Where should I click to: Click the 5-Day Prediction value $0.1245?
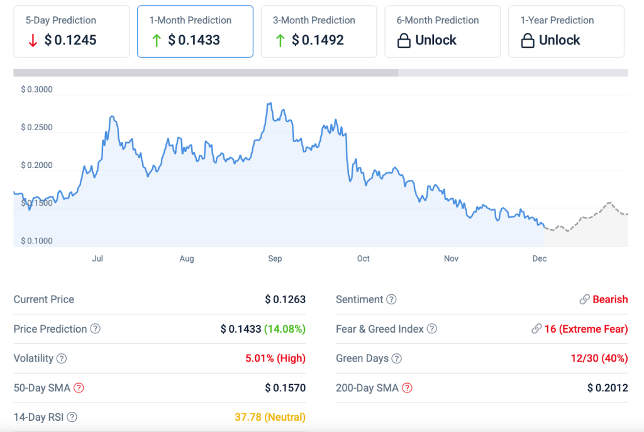pos(70,40)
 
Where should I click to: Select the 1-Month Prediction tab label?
pos(190,20)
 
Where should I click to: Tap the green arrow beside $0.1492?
pos(280,40)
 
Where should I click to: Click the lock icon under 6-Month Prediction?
pos(404,40)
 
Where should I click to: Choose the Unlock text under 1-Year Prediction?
pos(559,40)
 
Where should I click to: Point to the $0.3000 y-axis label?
pos(36,89)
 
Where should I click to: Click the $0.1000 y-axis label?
pos(36,241)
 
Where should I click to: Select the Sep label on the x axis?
pos(275,258)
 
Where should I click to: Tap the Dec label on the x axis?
pos(539,258)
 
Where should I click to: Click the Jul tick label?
pos(97,258)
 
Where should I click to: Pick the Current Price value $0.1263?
pos(285,299)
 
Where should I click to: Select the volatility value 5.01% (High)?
pos(275,358)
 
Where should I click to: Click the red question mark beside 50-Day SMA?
pos(79,388)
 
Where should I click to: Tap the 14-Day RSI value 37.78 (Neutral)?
pos(270,417)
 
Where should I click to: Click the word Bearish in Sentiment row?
pos(610,299)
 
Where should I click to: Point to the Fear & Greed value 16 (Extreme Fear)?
pos(586,329)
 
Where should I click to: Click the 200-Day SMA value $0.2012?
pos(608,388)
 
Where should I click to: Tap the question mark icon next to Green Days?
pos(396,358)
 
